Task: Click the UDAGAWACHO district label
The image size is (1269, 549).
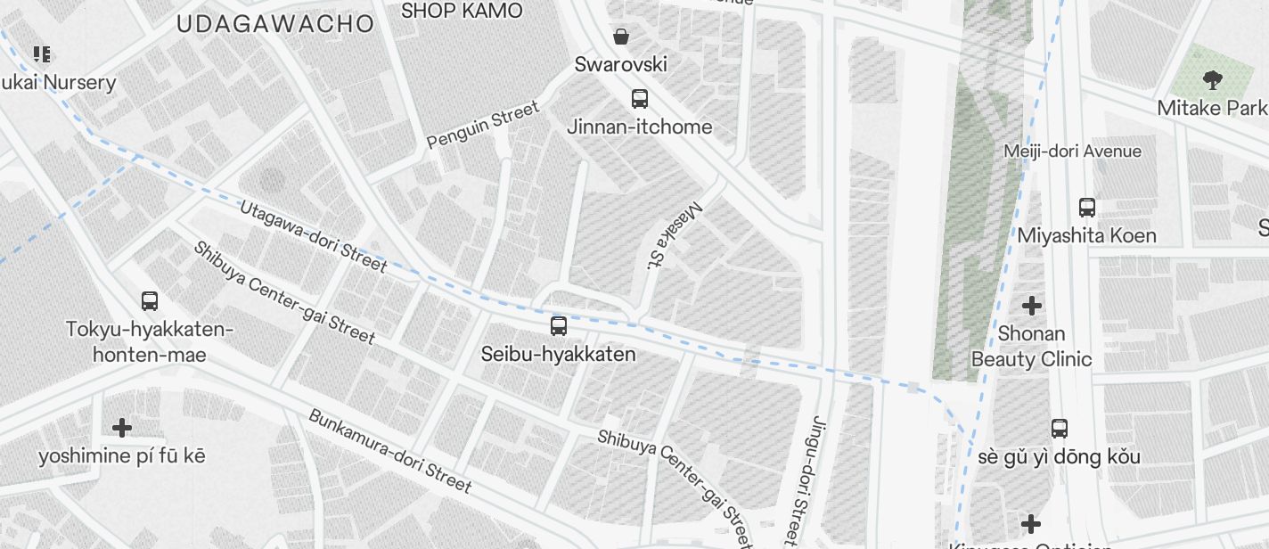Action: tap(274, 24)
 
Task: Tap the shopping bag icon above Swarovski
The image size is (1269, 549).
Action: tap(621, 37)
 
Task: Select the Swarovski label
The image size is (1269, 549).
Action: tap(621, 64)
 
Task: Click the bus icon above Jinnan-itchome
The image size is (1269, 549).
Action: tap(640, 99)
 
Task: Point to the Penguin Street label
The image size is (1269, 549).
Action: tap(483, 125)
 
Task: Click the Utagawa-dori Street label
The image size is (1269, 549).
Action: tap(313, 236)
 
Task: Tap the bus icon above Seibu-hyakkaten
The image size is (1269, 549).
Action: tap(559, 326)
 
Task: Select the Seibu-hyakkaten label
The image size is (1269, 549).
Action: tap(559, 354)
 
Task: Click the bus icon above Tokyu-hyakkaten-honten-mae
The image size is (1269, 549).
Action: tap(150, 301)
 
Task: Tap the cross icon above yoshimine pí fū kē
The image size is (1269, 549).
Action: tap(122, 428)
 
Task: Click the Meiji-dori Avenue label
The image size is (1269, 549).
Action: tap(1072, 152)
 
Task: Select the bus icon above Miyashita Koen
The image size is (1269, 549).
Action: tap(1087, 208)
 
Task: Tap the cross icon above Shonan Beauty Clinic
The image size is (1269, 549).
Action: tap(1031, 306)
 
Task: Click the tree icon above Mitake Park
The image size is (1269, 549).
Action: tap(1212, 80)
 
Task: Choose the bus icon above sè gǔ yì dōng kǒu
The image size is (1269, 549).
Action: tap(1060, 428)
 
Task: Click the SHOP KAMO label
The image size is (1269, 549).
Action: tap(462, 11)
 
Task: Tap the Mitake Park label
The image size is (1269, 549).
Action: tap(1212, 108)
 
